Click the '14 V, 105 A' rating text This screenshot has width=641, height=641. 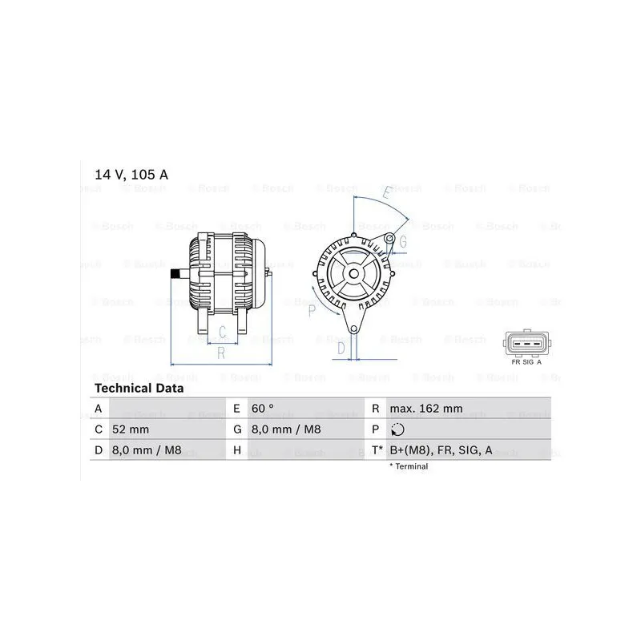[131, 175]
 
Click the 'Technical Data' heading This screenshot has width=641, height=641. [139, 388]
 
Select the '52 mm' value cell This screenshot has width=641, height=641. [131, 429]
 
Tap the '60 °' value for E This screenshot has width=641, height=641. [263, 409]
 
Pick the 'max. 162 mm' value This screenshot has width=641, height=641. [426, 409]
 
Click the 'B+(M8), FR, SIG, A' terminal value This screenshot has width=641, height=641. [441, 450]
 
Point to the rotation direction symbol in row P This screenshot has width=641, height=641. [397, 429]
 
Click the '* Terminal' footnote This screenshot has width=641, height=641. [409, 466]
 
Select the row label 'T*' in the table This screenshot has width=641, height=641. [377, 450]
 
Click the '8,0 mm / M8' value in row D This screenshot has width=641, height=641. [147, 450]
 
